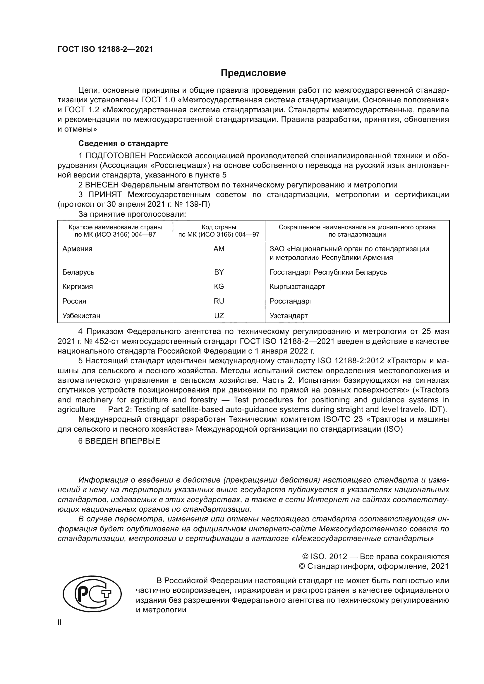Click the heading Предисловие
tap(253, 73)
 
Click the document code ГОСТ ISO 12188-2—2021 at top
tap(105, 49)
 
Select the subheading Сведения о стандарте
tap(123, 143)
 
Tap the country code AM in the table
tap(219, 249)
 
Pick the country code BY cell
tap(219, 272)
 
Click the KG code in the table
tap(219, 287)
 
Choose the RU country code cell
tap(219, 301)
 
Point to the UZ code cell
tap(219, 316)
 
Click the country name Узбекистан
tap(81, 316)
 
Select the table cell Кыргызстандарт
tap(297, 287)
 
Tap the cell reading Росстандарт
tap(291, 301)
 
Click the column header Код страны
tap(219, 227)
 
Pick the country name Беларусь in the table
tap(78, 272)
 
